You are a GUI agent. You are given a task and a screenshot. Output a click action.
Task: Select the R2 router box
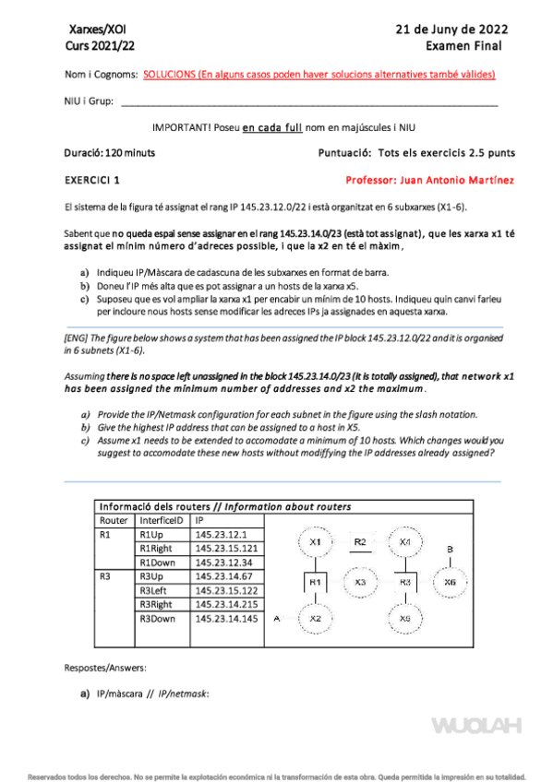pos(360,542)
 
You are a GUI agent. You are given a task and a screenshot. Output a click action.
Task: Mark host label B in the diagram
pos(450,549)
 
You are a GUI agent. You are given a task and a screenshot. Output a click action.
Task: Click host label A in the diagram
pos(277,619)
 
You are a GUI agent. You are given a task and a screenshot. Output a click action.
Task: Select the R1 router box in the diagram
pos(316,582)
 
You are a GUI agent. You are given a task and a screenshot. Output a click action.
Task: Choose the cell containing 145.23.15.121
pos(226,549)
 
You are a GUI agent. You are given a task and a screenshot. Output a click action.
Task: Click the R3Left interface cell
pos(162,590)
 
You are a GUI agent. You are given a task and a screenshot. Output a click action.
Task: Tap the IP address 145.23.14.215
pos(226,604)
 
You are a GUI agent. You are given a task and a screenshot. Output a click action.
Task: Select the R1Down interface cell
pos(162,563)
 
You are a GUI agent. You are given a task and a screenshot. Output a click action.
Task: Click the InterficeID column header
pos(162,521)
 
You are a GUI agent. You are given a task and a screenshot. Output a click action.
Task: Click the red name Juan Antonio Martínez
pos(457,180)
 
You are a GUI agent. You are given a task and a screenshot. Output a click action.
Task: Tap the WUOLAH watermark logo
pos(476,726)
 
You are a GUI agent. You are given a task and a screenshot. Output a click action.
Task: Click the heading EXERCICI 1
pos(92,180)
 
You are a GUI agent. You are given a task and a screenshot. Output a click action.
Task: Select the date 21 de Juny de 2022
pos(451,30)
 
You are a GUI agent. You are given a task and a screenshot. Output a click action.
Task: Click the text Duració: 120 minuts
pos(109,152)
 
